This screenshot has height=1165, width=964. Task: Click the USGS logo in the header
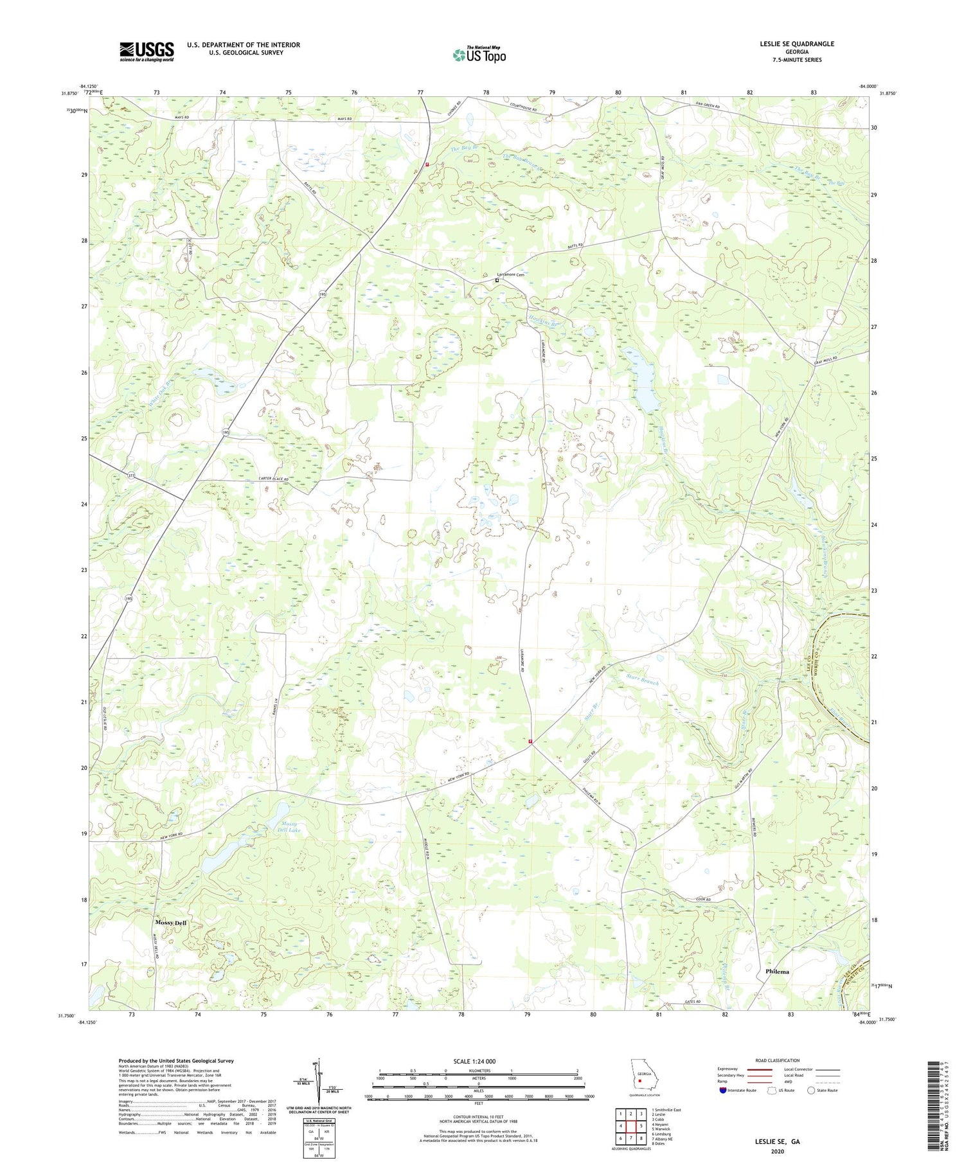147,51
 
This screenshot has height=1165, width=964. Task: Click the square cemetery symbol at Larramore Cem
497,280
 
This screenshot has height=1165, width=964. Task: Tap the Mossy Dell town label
170,923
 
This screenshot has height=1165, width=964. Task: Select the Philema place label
777,972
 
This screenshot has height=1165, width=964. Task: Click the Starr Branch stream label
642,679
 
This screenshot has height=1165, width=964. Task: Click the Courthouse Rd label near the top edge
527,109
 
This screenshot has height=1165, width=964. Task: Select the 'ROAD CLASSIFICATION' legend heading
778,1060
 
